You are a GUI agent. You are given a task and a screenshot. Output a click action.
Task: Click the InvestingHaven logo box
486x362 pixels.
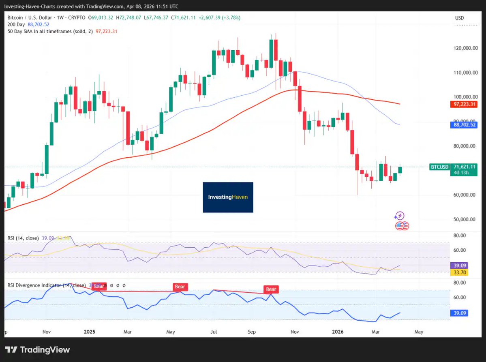[x=228, y=197]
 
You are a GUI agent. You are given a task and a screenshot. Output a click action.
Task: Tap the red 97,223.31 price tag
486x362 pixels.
[x=463, y=105]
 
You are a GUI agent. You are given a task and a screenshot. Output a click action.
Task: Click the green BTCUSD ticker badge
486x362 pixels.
[x=440, y=167]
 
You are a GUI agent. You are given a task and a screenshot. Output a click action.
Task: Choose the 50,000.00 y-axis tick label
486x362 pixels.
[x=464, y=219]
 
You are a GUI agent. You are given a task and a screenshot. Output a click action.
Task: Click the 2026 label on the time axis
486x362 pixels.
[x=337, y=332]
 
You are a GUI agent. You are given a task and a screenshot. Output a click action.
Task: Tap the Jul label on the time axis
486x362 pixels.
[x=214, y=332]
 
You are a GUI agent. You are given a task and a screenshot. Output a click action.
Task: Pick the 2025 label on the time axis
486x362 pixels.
[x=89, y=332]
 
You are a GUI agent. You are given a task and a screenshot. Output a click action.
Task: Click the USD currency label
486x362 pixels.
[x=459, y=18]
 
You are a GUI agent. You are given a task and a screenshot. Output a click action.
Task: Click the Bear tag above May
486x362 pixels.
[x=180, y=287]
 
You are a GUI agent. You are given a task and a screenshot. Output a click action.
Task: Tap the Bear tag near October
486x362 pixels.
[x=271, y=289]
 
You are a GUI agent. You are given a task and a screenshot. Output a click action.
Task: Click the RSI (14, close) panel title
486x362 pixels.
[x=23, y=238]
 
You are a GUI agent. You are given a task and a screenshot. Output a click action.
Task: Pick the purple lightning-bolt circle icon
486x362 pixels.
[x=400, y=216]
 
